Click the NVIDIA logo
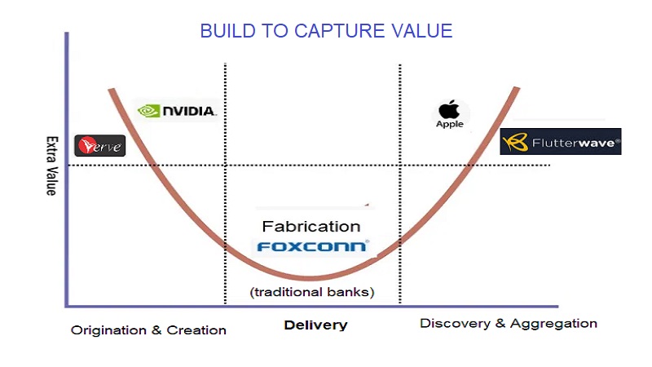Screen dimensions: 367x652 [177, 110]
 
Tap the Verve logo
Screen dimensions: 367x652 [99, 145]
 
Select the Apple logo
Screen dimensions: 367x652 [449, 113]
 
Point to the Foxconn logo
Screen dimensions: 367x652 [312, 245]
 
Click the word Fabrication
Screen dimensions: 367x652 [311, 226]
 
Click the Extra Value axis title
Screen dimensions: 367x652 [51, 166]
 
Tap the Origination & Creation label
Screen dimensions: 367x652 [148, 330]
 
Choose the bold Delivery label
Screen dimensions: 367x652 [315, 325]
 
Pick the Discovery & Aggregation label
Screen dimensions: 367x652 [509, 323]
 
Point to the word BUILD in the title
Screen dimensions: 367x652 [226, 32]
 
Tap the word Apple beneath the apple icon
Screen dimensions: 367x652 [449, 124]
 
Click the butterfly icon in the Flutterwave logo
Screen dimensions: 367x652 [515, 143]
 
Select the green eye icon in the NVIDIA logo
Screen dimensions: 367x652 [148, 110]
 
